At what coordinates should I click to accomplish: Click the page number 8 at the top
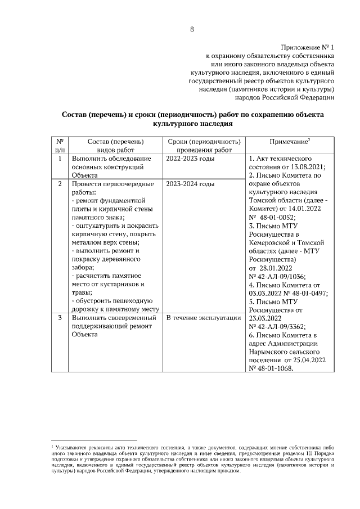[x=192, y=30]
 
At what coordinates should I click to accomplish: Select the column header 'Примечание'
[x=289, y=143]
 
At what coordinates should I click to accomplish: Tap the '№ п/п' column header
[x=60, y=146]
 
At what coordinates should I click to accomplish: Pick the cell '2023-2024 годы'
[x=191, y=184]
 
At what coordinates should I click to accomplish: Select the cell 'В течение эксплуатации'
[x=204, y=318]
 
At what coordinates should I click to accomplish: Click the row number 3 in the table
[x=60, y=318]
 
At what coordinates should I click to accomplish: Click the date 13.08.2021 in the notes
[x=308, y=167]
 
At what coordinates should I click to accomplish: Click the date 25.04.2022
[x=307, y=359]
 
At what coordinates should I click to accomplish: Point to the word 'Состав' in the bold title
[x=78, y=115]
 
